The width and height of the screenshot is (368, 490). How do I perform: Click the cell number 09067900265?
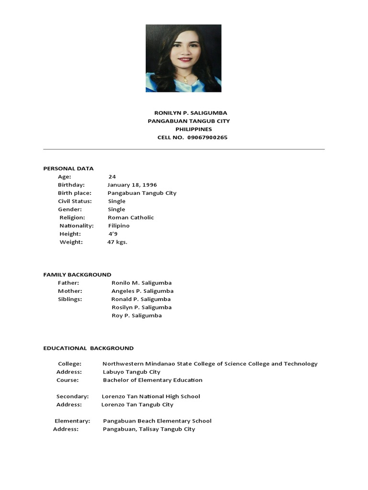[207, 137]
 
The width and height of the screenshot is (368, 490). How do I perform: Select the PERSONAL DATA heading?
[69, 168]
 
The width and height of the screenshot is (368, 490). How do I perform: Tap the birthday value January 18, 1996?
[132, 185]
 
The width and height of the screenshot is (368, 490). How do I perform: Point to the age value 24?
[112, 177]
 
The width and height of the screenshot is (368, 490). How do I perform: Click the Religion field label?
[72, 217]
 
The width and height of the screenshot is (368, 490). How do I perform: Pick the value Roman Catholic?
[131, 217]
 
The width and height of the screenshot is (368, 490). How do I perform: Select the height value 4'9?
[113, 234]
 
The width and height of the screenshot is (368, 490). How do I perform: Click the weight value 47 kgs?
[117, 242]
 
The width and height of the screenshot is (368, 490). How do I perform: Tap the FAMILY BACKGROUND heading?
[77, 275]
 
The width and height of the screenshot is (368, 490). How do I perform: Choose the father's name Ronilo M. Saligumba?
[141, 283]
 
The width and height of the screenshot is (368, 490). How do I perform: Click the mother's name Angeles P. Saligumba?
[142, 291]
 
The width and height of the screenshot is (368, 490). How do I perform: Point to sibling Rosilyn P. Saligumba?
[141, 307]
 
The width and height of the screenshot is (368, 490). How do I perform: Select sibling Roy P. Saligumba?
[137, 315]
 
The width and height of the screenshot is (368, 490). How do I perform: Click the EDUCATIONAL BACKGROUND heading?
[89, 348]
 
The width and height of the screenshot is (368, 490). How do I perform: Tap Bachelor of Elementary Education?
[152, 380]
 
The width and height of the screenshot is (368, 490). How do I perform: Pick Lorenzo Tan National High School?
[151, 396]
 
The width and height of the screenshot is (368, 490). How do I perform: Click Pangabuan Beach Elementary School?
[157, 421]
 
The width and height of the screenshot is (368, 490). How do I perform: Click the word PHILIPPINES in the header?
[194, 129]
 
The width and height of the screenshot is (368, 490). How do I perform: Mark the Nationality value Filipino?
[118, 225]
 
